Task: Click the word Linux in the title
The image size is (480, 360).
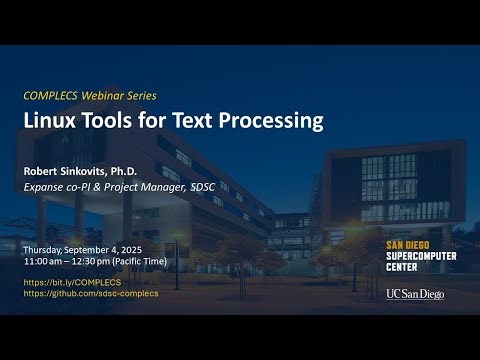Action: pos(49,121)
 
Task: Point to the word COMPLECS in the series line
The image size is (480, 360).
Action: pos(51,95)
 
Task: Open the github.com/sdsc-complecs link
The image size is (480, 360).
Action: pos(91,293)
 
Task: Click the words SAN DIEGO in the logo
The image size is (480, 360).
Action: pos(409,244)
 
